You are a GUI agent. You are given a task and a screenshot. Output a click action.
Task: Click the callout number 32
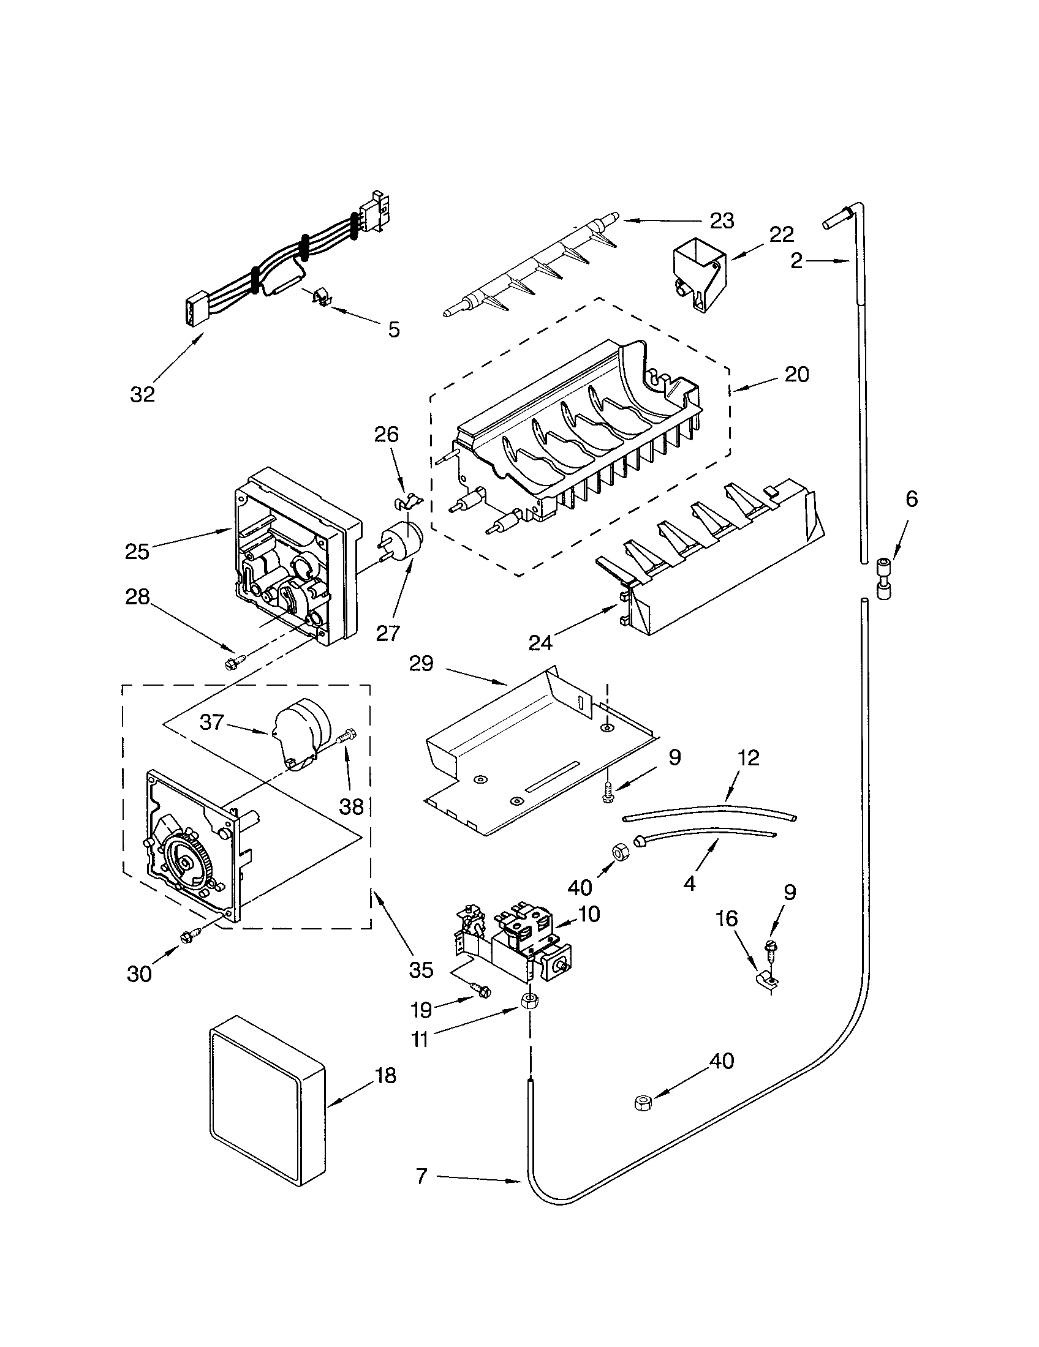tap(142, 394)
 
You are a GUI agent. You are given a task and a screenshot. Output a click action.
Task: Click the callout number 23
tap(721, 220)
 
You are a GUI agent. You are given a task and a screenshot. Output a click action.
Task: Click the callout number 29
tap(421, 664)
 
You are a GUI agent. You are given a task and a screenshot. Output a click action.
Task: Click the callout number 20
tap(796, 374)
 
